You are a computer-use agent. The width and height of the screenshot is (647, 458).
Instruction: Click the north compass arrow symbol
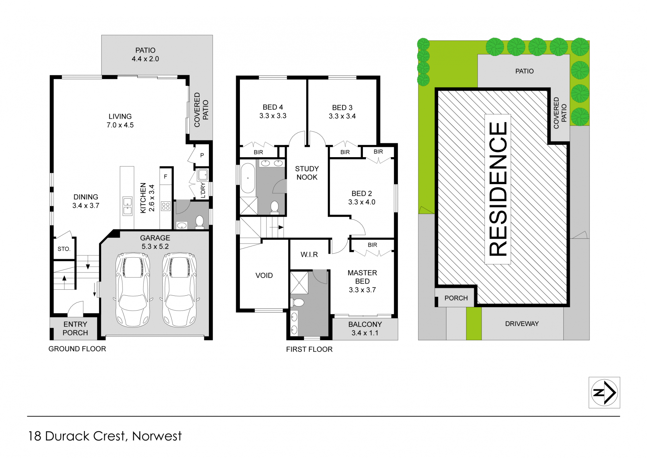pyautogui.click(x=604, y=393)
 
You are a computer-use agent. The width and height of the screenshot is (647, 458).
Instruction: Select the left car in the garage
pyautogui.click(x=133, y=290)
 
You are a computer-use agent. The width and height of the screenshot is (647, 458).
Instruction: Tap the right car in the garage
pyautogui.click(x=179, y=290)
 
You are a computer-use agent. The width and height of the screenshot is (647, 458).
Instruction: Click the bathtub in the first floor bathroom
pyautogui.click(x=248, y=178)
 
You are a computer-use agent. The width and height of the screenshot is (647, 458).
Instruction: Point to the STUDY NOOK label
pyautogui.click(x=307, y=173)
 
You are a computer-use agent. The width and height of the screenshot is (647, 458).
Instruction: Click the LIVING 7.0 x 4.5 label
pyautogui.click(x=120, y=121)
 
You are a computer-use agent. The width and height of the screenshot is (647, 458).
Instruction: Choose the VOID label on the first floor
pyautogui.click(x=264, y=276)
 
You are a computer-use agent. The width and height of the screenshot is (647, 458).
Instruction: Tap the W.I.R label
pyautogui.click(x=309, y=255)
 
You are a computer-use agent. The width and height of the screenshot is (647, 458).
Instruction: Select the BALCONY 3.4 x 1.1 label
pyautogui.click(x=365, y=329)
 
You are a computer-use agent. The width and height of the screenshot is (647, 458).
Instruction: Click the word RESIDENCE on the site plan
pyautogui.click(x=498, y=189)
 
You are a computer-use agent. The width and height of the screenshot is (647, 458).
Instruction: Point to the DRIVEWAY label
pyautogui.click(x=522, y=324)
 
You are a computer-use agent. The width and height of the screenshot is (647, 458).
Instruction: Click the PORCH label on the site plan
pyautogui.click(x=456, y=298)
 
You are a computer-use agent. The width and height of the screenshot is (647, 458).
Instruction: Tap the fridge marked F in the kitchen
pyautogui.click(x=165, y=176)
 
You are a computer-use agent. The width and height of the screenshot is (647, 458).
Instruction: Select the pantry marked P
pyautogui.click(x=202, y=155)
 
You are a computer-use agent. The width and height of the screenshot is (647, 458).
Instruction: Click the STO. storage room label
pyautogui.click(x=64, y=249)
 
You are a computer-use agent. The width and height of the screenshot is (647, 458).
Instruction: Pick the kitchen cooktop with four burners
pyautogui.click(x=165, y=206)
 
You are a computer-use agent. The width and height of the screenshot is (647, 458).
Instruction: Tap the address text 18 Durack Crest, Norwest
pyautogui.click(x=105, y=436)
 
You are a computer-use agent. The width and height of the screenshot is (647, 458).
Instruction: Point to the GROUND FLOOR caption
pyautogui.click(x=77, y=349)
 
